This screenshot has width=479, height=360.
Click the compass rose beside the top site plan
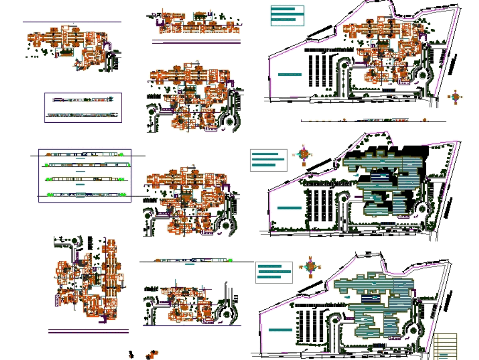(x=456, y=97)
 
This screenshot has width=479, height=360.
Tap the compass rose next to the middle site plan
(x=304, y=154)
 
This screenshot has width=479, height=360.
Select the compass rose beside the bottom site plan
(x=310, y=267)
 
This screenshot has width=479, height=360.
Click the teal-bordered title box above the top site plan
(x=287, y=15)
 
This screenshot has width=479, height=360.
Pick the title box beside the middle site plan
(x=269, y=160)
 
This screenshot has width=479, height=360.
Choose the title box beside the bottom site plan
(x=274, y=272)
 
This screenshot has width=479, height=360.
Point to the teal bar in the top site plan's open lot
(x=290, y=75)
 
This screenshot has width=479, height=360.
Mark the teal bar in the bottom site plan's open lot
(x=280, y=330)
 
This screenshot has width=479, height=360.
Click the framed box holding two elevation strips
(x=83, y=107)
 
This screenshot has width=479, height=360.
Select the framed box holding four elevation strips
(x=85, y=175)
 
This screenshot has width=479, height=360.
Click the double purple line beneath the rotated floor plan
(x=89, y=331)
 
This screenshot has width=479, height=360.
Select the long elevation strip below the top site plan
(x=374, y=121)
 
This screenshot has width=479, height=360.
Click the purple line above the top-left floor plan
(x=72, y=22)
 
